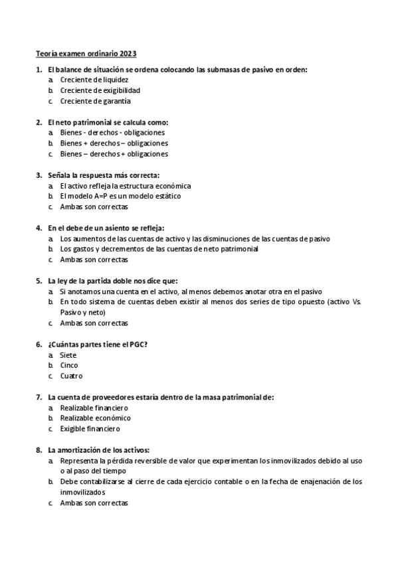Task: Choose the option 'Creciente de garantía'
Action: pyautogui.click(x=95, y=101)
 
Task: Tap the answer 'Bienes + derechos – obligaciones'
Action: pyautogui.click(x=114, y=143)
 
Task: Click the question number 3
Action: pyautogui.click(x=39, y=175)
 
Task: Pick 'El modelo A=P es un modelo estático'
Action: pyautogui.click(x=120, y=197)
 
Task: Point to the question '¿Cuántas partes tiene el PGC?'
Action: pyautogui.click(x=98, y=345)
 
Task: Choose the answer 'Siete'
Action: pyautogui.click(x=68, y=355)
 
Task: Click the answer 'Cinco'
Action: pyautogui.click(x=69, y=366)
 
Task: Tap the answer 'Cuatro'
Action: pyautogui.click(x=71, y=376)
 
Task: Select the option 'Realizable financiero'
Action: pyautogui.click(x=94, y=408)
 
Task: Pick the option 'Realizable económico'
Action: pyautogui.click(x=95, y=418)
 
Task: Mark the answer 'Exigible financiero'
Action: pyautogui.click(x=90, y=429)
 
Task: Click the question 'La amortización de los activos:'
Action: pyautogui.click(x=99, y=450)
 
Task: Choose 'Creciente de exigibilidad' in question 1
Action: pyautogui.click(x=100, y=90)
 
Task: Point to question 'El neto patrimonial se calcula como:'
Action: pyautogui.click(x=108, y=122)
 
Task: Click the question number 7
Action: pyautogui.click(x=39, y=397)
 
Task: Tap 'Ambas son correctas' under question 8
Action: pyautogui.click(x=94, y=503)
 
